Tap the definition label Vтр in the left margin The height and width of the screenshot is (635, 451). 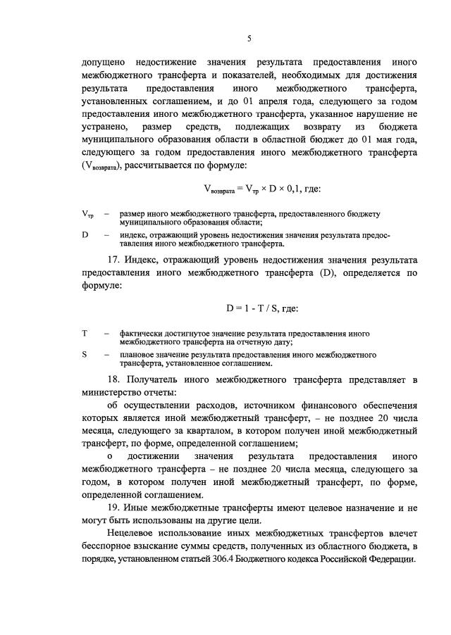(87, 213)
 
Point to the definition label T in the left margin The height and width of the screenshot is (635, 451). (85, 332)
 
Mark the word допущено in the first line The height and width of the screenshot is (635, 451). (104, 63)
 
